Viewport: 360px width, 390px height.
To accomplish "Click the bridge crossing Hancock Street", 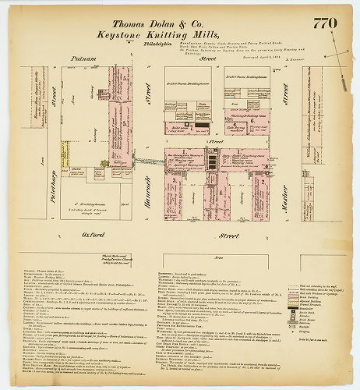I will click(x=146, y=160).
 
